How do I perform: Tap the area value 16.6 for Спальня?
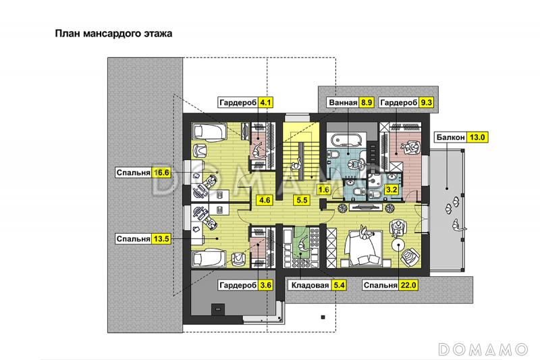tap(161, 173)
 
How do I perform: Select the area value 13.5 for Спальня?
tap(161, 238)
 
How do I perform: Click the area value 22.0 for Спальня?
tap(408, 286)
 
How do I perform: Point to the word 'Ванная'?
tap(342, 103)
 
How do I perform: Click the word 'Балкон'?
tap(450, 137)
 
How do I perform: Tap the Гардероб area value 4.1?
tap(266, 103)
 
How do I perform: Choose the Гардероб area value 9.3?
tap(426, 103)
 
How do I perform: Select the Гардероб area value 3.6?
tap(266, 286)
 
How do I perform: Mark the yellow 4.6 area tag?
tap(265, 200)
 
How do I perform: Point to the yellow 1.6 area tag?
tap(323, 190)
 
